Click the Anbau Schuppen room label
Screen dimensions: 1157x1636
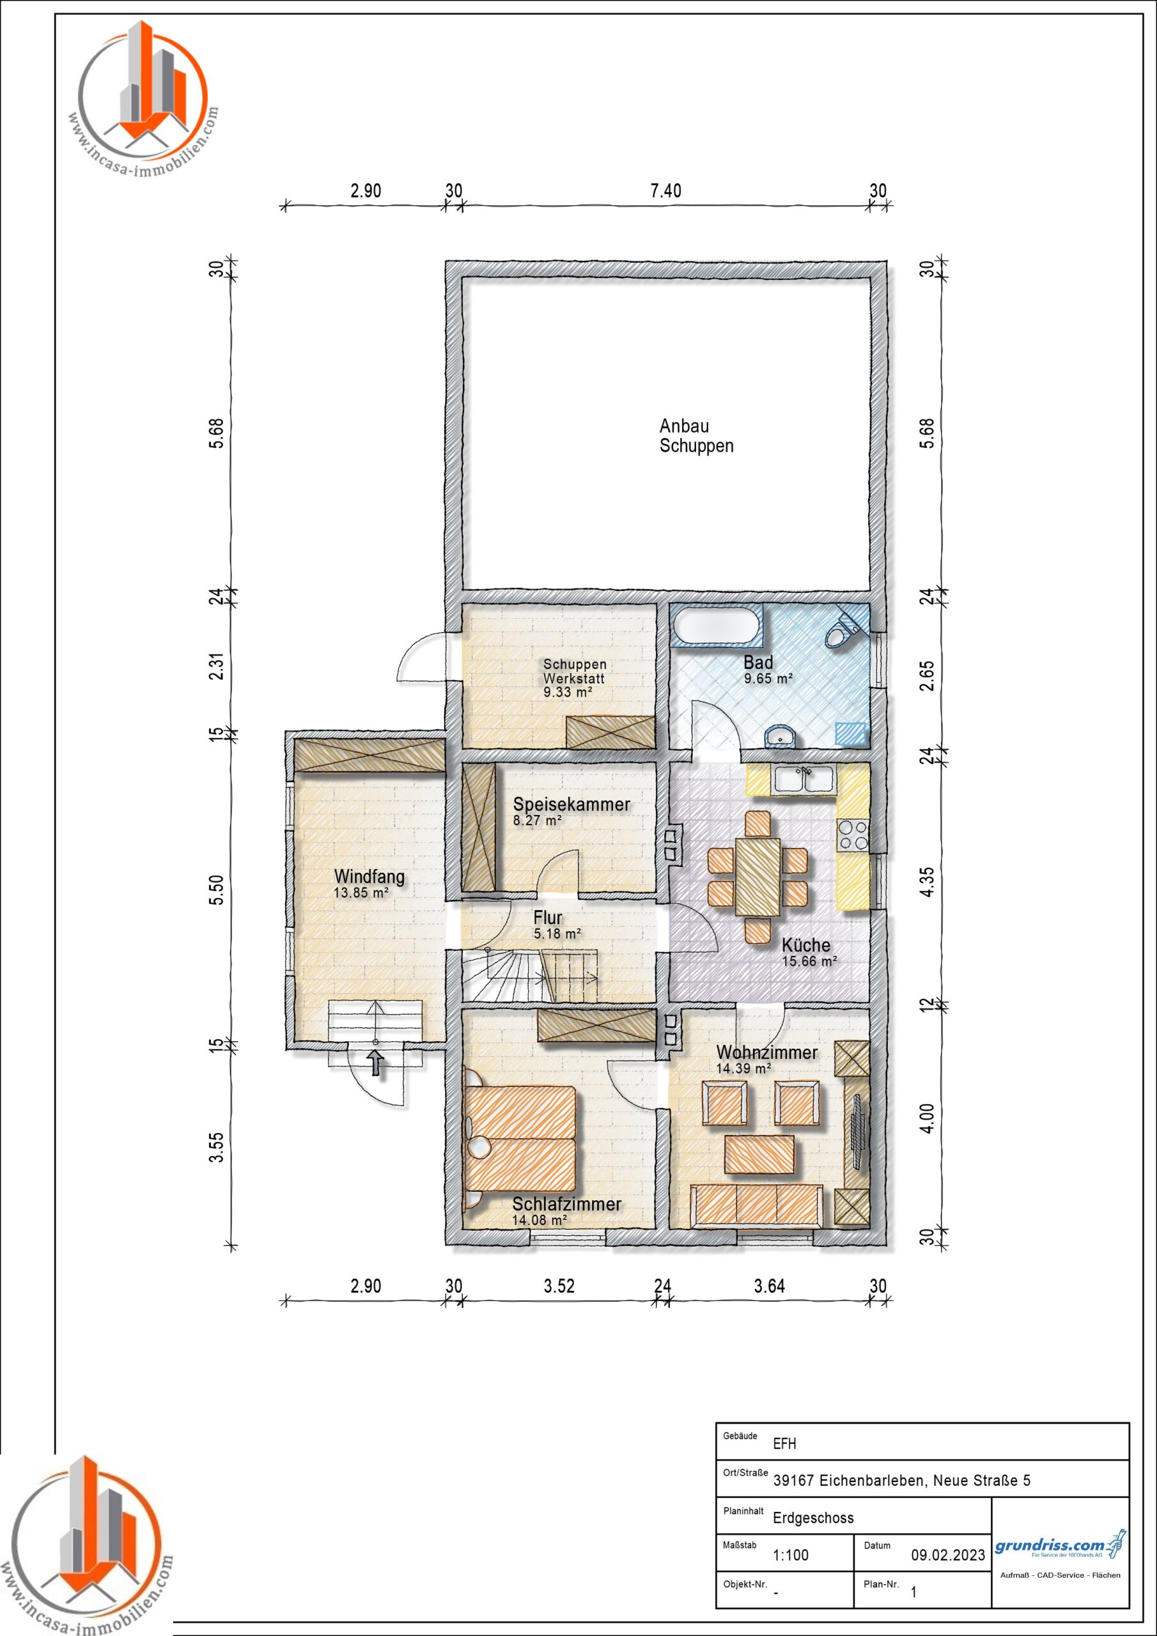(x=695, y=436)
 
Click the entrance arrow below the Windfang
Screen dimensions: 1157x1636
(x=376, y=1064)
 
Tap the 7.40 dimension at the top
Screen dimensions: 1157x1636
(x=666, y=191)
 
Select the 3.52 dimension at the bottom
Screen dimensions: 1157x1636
(x=559, y=1286)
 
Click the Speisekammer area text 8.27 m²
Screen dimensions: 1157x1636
(x=538, y=820)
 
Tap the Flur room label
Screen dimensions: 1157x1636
(x=547, y=918)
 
